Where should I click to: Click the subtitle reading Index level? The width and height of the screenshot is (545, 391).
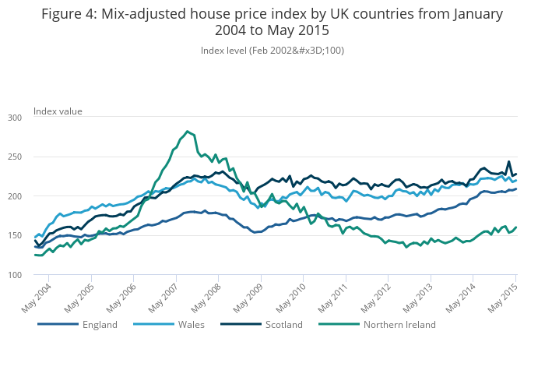coord(272,51)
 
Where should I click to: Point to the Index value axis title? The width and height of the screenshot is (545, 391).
coord(58,111)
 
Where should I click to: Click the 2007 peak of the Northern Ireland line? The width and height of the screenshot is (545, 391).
coord(188,132)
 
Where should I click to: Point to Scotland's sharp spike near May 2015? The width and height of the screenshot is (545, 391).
coord(509,162)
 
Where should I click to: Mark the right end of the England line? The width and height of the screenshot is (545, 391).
coord(516,188)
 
